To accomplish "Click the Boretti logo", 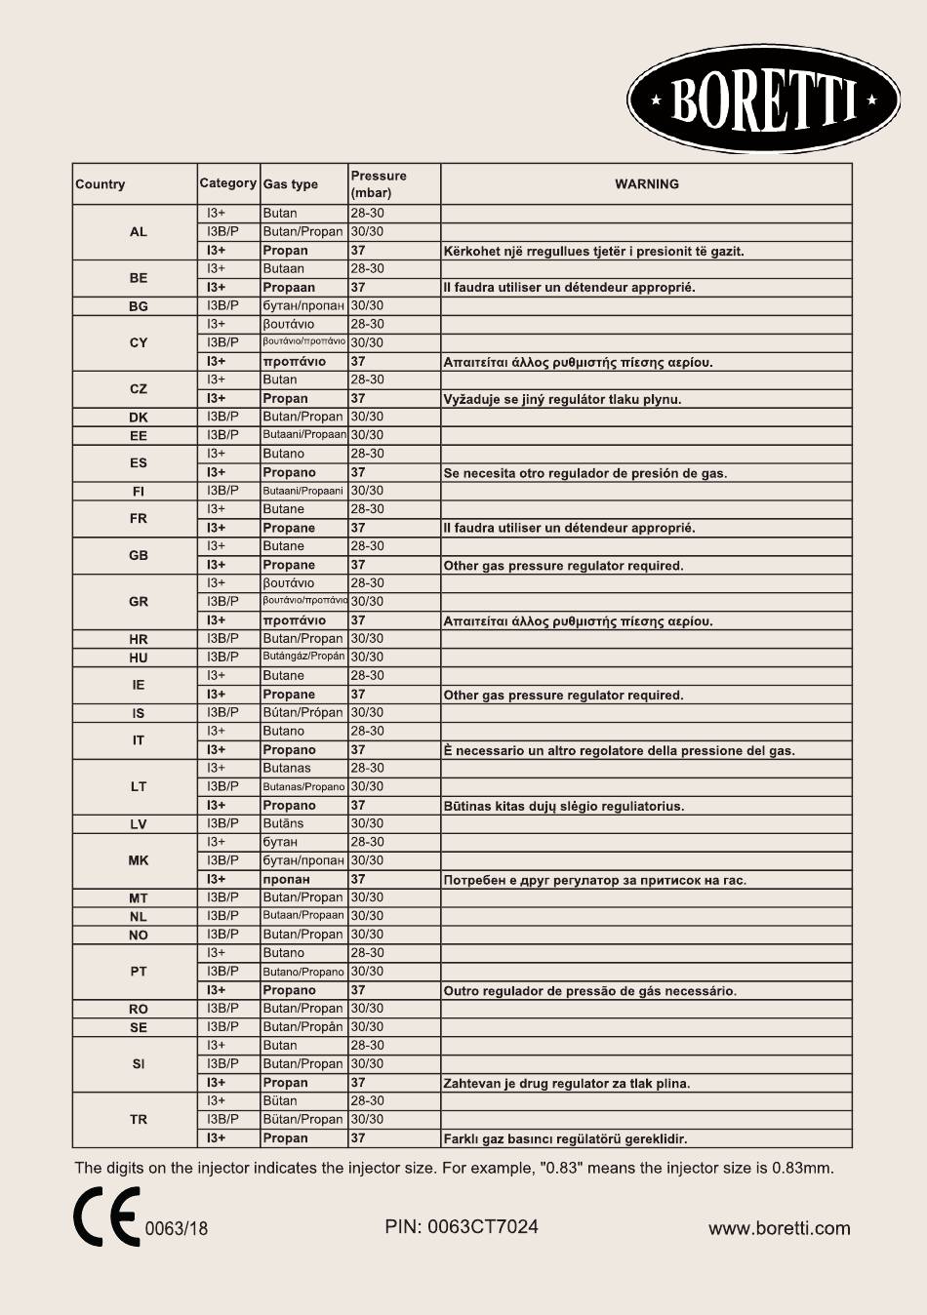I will (763, 100).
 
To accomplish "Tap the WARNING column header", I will (646, 183).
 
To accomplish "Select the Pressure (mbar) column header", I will (379, 183).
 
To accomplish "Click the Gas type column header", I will (291, 184).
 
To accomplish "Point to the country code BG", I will (139, 306).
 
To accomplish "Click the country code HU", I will (139, 657).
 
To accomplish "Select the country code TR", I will (139, 1119).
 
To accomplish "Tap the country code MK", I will (139, 860).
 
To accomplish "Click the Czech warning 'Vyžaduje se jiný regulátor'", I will (562, 399).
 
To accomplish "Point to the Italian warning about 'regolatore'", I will (619, 750).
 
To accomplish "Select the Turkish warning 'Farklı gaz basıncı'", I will (565, 1138).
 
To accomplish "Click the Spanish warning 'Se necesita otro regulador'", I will (584, 473).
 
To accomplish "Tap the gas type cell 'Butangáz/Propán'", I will (303, 657).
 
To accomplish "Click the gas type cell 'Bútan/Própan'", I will (302, 712).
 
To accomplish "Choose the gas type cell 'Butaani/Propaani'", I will (302, 491).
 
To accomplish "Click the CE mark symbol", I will (106, 1216).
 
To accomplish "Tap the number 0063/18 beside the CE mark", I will (177, 1228).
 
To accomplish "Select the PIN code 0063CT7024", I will (462, 1226).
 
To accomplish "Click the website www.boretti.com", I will (779, 1228).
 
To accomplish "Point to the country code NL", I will (139, 916).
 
